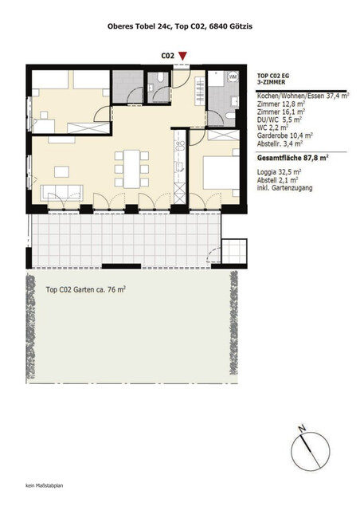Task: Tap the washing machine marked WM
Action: click(233, 77)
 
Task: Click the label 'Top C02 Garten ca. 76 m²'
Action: click(85, 290)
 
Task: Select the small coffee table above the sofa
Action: click(61, 169)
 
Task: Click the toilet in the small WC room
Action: click(160, 79)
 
